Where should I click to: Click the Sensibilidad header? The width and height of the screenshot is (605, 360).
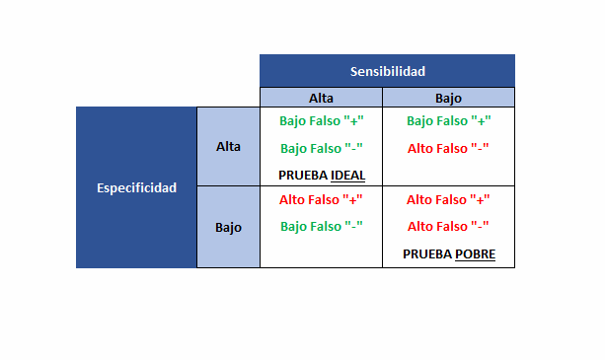click(387, 71)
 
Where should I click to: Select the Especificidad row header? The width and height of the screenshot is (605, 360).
click(137, 187)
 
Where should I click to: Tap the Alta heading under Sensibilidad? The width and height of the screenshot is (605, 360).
click(321, 98)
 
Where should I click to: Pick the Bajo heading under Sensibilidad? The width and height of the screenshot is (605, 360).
click(448, 98)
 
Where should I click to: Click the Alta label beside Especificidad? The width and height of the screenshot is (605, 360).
click(228, 146)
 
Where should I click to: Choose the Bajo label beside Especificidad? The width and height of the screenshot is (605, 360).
click(228, 227)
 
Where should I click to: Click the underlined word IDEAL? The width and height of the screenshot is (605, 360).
click(347, 175)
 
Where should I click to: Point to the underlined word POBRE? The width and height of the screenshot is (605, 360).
click(475, 254)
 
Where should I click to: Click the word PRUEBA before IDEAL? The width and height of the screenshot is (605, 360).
click(302, 175)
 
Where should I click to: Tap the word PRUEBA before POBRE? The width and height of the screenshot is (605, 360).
click(427, 254)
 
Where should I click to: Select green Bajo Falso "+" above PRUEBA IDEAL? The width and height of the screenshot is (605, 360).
click(322, 121)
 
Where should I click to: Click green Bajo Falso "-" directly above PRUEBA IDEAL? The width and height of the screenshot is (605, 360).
click(322, 149)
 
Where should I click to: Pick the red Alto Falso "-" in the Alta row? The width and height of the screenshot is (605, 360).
click(448, 149)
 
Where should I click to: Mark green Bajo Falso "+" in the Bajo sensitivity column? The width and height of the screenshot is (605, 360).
click(448, 121)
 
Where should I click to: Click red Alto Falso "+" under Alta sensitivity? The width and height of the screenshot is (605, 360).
click(322, 199)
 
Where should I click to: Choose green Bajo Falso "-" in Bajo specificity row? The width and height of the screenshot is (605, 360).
click(322, 226)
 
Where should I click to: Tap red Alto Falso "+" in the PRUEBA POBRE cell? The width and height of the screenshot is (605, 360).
click(448, 199)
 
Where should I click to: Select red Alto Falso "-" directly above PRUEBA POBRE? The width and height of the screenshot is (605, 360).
click(448, 226)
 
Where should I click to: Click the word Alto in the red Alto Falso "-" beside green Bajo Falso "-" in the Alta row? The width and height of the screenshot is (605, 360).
click(421, 149)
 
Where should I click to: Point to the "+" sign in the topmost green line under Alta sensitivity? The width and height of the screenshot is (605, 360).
click(352, 121)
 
